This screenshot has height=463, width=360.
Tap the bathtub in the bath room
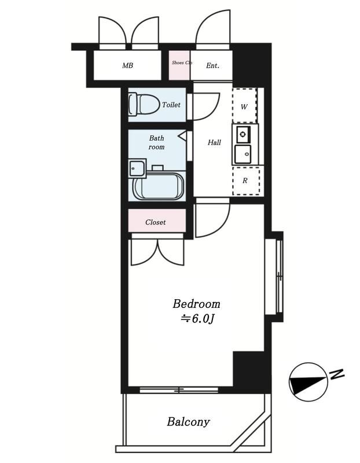[159, 185]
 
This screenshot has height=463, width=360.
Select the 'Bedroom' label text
[196, 304]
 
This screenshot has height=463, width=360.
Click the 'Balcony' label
[189, 422]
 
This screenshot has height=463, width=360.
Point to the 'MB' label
[127, 65]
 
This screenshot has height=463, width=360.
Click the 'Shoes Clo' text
[182, 63]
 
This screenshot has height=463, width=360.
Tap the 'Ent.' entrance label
[212, 65]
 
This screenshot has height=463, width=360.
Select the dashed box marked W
[244, 105]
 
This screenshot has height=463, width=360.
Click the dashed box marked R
[247, 181]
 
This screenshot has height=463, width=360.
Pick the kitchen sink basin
[243, 154]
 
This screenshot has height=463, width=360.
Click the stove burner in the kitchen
[243, 135]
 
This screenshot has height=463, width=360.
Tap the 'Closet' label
[155, 222]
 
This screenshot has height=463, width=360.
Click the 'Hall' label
[214, 142]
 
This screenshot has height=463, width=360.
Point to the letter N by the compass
[337, 374]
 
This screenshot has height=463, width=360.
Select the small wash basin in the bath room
[137, 168]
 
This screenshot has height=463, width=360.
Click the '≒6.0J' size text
[197, 319]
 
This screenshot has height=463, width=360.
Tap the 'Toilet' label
[171, 105]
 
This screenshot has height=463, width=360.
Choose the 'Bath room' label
[156, 142]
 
